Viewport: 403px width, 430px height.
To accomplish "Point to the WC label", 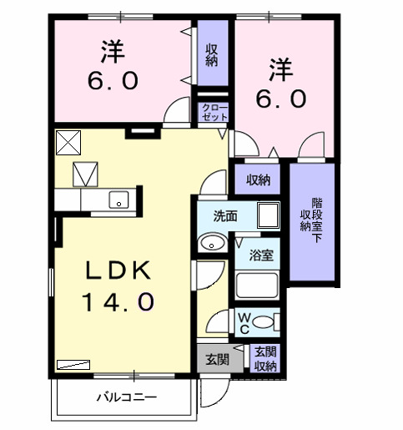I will point(244,321).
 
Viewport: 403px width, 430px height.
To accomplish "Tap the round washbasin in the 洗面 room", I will point(214,243).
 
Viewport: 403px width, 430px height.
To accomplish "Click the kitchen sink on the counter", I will point(118,200).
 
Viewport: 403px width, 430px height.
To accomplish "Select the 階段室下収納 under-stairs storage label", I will point(316,220).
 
